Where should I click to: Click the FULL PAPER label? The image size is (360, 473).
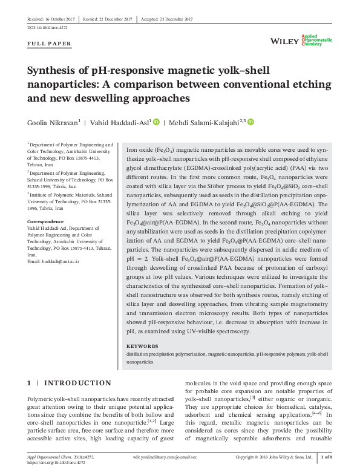coord(50,44)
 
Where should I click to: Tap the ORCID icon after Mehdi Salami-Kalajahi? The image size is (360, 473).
coord(250,122)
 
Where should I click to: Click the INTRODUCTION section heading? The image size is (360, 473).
coord(78,383)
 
